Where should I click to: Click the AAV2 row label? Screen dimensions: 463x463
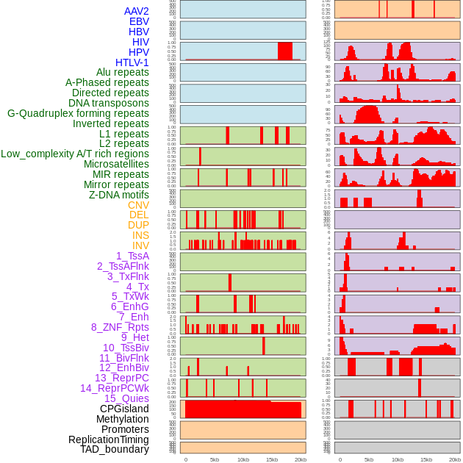tap(136, 11)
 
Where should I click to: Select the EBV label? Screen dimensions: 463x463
tap(138, 21)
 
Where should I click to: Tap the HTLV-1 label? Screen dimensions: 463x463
tap(132, 62)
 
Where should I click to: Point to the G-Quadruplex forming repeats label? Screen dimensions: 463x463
tap(78, 113)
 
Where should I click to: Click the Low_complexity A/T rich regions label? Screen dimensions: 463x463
tap(74, 154)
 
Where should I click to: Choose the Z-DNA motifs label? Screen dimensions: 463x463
tap(118, 195)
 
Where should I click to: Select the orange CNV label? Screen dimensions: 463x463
tap(138, 205)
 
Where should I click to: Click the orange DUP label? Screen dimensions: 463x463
tap(138, 225)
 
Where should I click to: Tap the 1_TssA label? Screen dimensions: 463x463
tap(132, 256)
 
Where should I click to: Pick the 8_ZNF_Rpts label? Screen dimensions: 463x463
tap(120, 327)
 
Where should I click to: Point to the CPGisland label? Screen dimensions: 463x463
tap(124, 409)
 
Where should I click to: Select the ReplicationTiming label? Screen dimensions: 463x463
tap(108, 439)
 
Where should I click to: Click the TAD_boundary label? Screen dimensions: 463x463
tap(114, 449)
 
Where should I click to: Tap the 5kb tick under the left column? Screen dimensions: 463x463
tap(215, 459)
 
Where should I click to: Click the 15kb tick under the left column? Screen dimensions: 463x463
tap(272, 459)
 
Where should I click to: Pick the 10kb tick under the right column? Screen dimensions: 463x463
tap(398, 459)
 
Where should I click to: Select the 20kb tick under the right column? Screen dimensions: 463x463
tap(455, 459)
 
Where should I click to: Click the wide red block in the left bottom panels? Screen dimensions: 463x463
tap(243, 409)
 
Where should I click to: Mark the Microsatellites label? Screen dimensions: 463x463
tap(116, 164)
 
